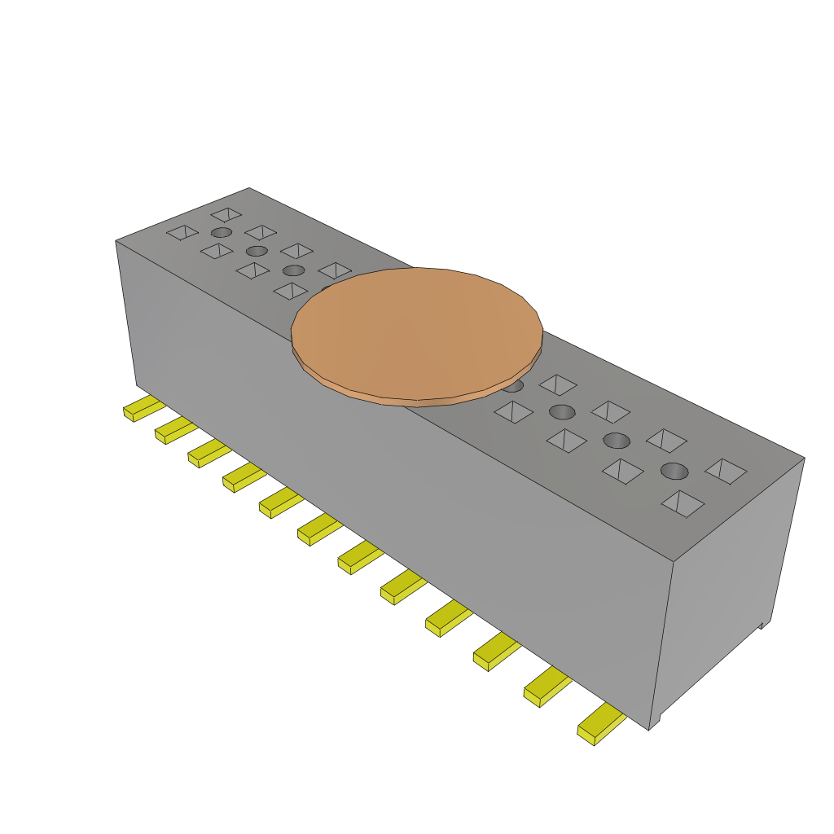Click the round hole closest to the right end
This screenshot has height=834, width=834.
(x=674, y=470)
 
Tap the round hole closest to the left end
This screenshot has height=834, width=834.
(x=221, y=232)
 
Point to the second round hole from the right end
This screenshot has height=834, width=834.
(x=617, y=441)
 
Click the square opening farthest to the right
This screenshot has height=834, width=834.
(x=726, y=471)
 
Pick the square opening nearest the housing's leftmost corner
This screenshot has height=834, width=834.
(x=182, y=233)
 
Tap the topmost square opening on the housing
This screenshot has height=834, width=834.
(x=226, y=214)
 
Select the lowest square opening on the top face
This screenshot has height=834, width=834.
(x=683, y=503)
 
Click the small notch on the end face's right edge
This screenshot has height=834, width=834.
(x=764, y=625)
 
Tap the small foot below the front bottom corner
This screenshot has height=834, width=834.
(x=656, y=722)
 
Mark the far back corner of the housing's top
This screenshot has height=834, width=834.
(x=249, y=188)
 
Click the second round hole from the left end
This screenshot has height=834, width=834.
(x=257, y=251)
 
